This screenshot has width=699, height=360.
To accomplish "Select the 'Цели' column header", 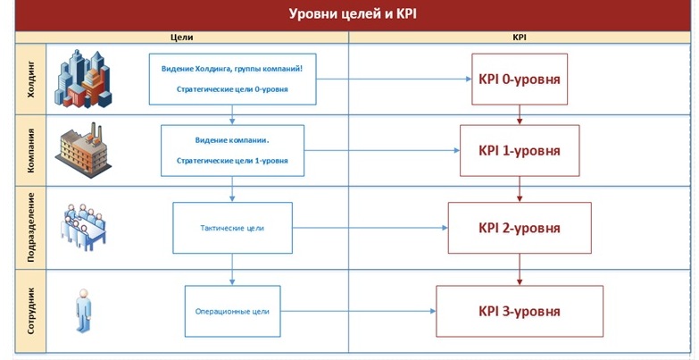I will pyautogui.click(x=180, y=38).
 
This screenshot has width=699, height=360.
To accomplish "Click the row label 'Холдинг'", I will pyautogui.click(x=31, y=79).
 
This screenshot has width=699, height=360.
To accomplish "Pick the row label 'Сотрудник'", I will pyautogui.click(x=31, y=310).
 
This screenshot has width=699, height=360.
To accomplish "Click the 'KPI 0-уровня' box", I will pyautogui.click(x=520, y=80).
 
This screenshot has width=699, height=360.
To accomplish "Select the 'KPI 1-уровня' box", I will pyautogui.click(x=520, y=150).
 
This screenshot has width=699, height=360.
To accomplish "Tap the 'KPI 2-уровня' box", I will pyautogui.click(x=520, y=228).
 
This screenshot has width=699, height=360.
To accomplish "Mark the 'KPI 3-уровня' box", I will pyautogui.click(x=520, y=312).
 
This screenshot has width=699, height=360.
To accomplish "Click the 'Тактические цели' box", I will pyautogui.click(x=232, y=228).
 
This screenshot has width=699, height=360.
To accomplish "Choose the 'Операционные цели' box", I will pyautogui.click(x=232, y=312).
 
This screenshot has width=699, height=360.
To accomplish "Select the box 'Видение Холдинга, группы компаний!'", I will pyautogui.click(x=232, y=79).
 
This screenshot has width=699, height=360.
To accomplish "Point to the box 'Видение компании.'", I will pyautogui.click(x=232, y=150).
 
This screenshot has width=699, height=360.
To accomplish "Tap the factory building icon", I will pyautogui.click(x=86, y=150).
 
